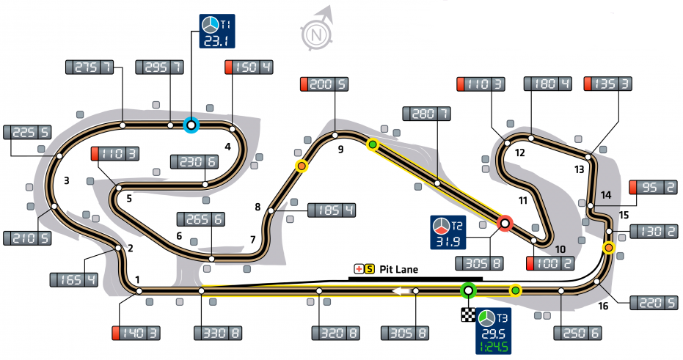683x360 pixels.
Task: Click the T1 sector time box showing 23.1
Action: point(217,31)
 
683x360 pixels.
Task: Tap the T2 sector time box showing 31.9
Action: point(448,232)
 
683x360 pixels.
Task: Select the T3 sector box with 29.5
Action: point(494,331)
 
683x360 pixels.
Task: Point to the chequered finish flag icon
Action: point(468,315)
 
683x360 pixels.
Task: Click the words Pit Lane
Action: point(398,270)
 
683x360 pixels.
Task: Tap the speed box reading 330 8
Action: point(218,333)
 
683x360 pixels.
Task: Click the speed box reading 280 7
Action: point(427,114)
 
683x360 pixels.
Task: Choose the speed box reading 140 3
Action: point(136,333)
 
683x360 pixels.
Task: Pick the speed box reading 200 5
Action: point(324,84)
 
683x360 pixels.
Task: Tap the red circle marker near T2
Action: point(505,224)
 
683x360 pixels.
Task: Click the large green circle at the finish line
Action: point(468,290)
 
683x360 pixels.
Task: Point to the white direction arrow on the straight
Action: point(402,290)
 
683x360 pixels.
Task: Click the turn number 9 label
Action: point(340,150)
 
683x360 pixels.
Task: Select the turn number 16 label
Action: point(603,306)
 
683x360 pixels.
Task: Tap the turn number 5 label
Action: point(129,199)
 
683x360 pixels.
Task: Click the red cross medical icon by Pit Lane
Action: point(359,270)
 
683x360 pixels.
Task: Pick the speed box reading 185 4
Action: point(332,210)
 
